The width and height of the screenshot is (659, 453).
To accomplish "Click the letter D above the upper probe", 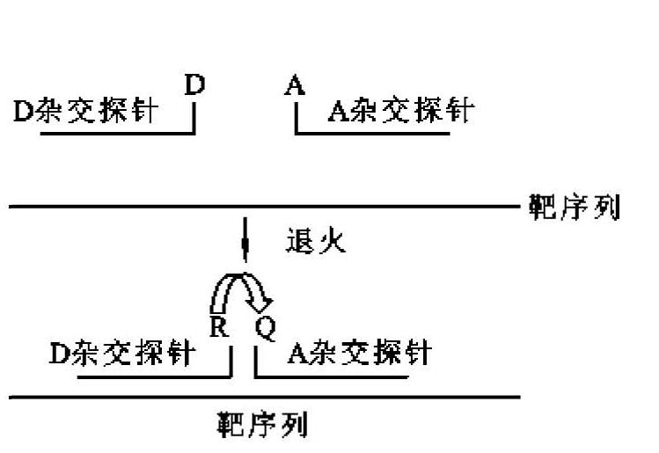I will pos(194,85).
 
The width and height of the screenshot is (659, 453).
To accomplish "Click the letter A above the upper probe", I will pos(295,85).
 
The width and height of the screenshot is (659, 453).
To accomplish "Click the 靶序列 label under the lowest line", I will pos(261,427).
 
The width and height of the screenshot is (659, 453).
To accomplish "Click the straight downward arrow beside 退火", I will pos(245,242).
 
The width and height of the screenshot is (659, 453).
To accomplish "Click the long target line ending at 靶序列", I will pos(264,208).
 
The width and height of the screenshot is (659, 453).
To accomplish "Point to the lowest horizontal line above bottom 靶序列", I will pos(264,397).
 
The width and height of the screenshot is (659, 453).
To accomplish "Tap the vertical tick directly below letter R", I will pos(231,361).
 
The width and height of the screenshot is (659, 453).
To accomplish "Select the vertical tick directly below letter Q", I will pos(255,361).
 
